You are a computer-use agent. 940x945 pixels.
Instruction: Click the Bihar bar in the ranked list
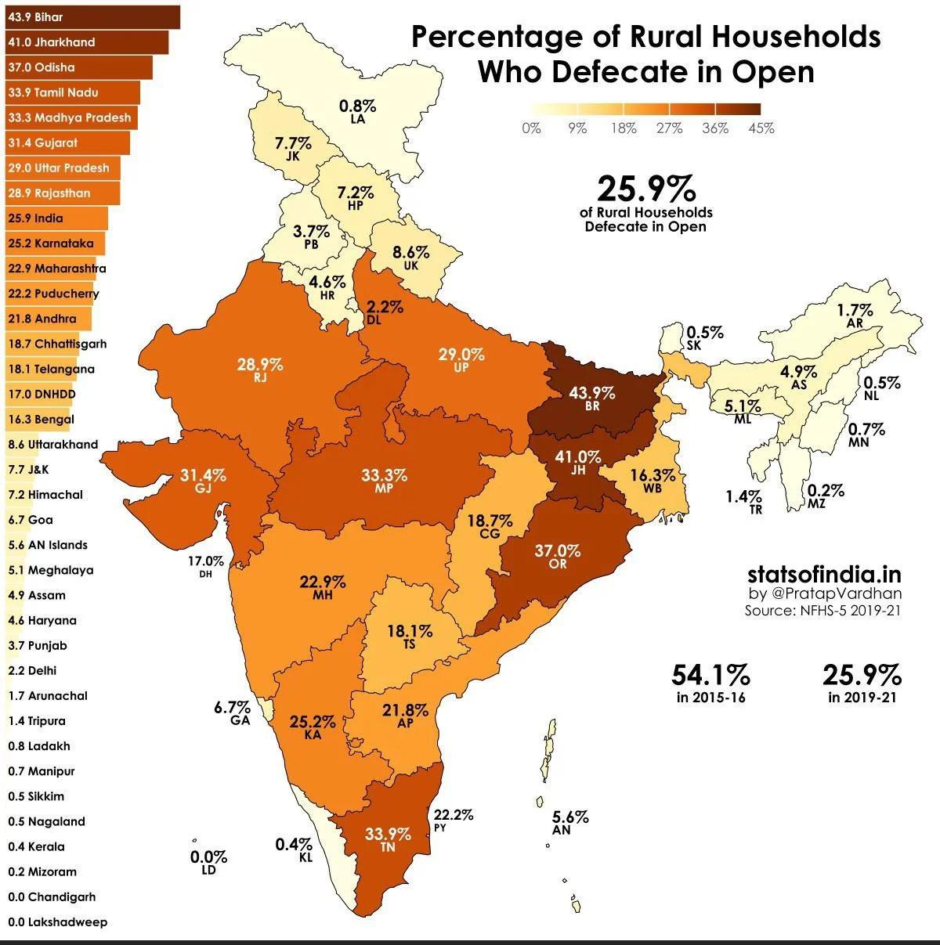click(x=90, y=17)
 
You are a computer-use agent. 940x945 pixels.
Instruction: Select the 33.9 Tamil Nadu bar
click(x=70, y=92)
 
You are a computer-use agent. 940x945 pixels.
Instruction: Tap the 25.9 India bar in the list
click(x=55, y=218)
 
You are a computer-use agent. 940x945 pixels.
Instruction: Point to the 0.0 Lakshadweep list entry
click(x=57, y=922)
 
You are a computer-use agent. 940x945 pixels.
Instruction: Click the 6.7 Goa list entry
click(x=31, y=520)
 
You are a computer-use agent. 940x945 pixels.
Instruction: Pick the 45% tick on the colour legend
click(x=761, y=128)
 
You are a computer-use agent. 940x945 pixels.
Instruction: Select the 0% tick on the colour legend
click(x=531, y=128)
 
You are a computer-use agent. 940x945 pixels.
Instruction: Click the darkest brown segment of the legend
click(x=737, y=110)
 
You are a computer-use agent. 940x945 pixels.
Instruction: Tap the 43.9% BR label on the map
click(x=591, y=399)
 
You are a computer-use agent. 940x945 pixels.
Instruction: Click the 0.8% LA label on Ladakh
click(x=357, y=111)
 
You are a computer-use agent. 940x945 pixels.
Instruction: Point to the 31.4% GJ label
click(x=203, y=481)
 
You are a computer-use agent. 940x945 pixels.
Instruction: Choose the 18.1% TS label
click(x=410, y=637)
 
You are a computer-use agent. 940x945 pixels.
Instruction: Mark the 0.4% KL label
click(x=295, y=849)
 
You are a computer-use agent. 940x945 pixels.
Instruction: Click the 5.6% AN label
click(x=569, y=822)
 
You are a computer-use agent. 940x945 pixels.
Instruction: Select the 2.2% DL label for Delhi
click(x=385, y=312)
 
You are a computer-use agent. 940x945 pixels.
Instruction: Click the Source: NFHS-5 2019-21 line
click(x=821, y=611)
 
